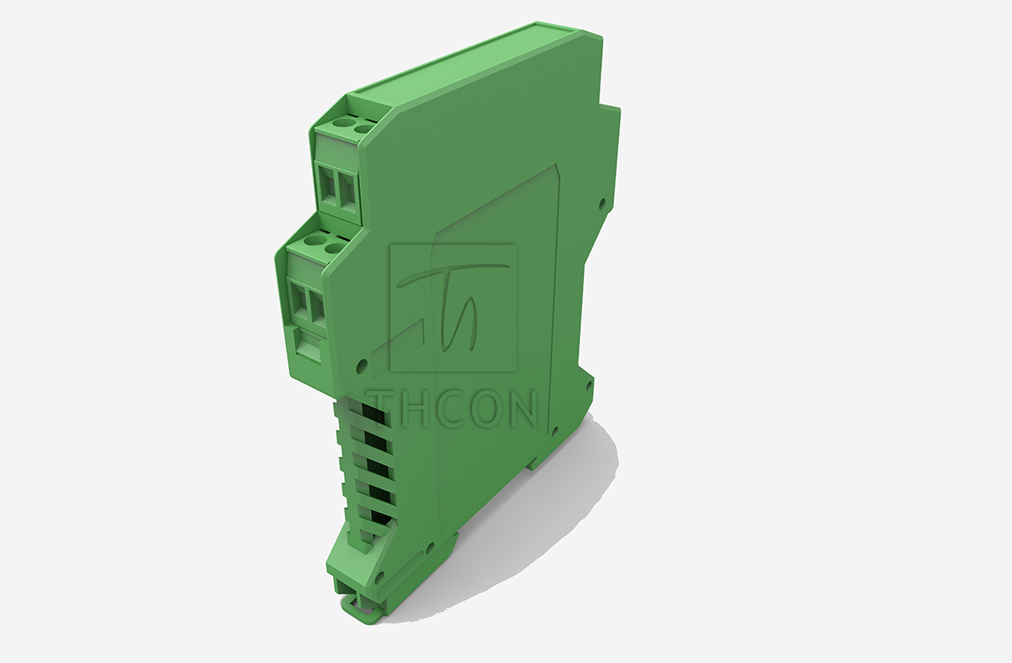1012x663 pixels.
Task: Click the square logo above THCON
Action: (x=454, y=308)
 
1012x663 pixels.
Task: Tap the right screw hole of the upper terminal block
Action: (x=363, y=128)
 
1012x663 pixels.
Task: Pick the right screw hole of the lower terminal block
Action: (x=334, y=247)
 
